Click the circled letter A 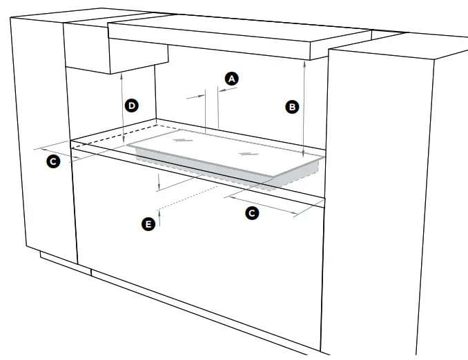232,79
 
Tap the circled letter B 292,107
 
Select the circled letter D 132,106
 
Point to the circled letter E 147,223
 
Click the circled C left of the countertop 52,162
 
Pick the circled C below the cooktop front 252,213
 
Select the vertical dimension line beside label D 122,107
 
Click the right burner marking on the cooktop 246,152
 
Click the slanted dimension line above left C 59,153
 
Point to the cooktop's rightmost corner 322,158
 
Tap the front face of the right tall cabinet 380,207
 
